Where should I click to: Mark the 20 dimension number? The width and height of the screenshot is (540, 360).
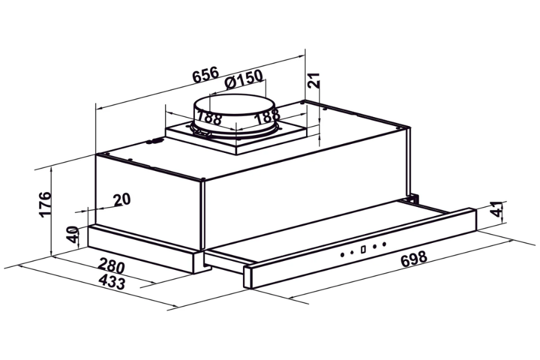(x=122, y=200)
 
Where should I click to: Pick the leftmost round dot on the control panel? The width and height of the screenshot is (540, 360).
(x=343, y=254)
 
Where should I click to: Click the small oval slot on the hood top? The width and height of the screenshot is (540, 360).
(x=154, y=142)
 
